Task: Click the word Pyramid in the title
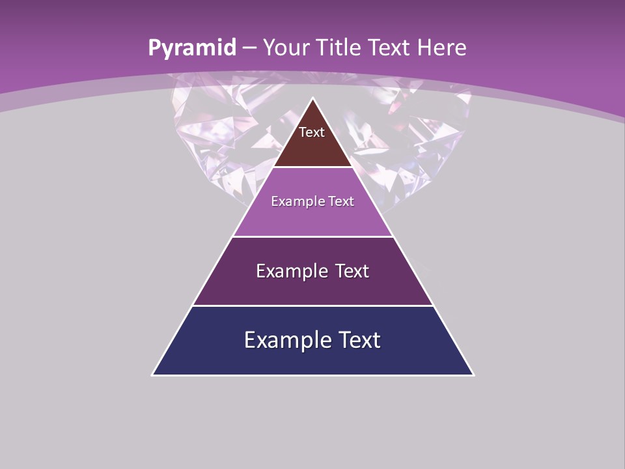coord(191,48)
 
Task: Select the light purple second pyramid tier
coord(312,218)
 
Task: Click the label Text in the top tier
coord(312,132)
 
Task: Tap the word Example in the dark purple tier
coord(290,271)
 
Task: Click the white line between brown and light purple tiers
coord(312,167)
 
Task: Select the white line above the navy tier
coord(312,306)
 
